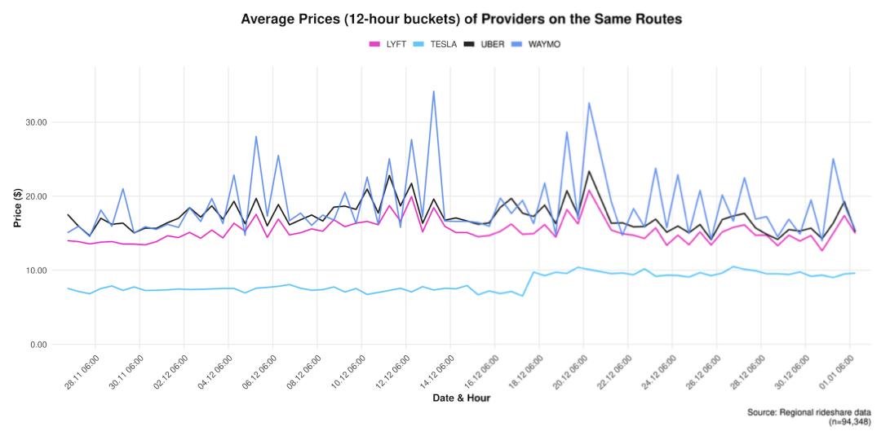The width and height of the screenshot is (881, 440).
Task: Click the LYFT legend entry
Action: (x=390, y=44)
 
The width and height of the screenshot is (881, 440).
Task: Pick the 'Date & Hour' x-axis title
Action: (x=462, y=398)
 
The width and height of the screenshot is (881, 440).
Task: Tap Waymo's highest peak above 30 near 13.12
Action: (x=433, y=91)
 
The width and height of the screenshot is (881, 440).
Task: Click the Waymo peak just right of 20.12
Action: (x=589, y=103)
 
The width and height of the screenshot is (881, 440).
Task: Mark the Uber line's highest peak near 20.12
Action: (x=589, y=171)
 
